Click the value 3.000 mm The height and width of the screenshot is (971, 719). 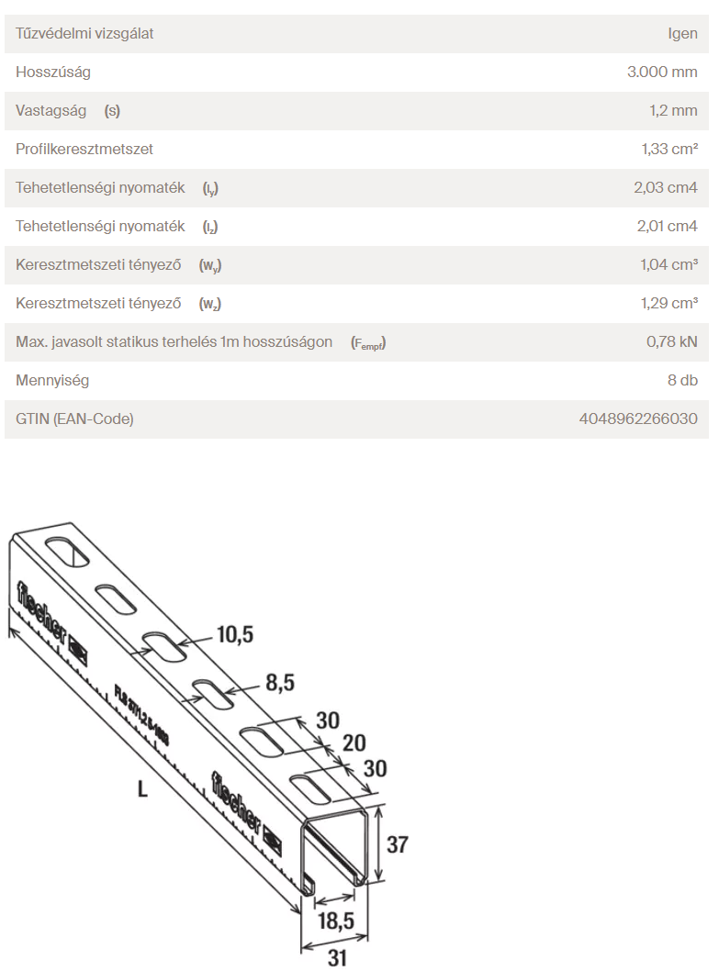click(662, 72)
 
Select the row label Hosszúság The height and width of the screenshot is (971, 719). click(53, 72)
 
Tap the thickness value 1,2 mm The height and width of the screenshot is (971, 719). click(673, 110)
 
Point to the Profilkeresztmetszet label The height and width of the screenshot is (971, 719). click(84, 149)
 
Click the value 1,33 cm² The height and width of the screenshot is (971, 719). click(669, 149)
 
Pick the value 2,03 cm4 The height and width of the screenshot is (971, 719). click(666, 187)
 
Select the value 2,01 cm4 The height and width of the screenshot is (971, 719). click(666, 226)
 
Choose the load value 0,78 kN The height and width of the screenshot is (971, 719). click(672, 341)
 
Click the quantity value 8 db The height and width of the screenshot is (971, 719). click(681, 380)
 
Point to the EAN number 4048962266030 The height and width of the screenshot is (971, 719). click(638, 419)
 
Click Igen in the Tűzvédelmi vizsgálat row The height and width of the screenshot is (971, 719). click(682, 33)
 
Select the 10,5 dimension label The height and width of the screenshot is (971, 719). click(234, 634)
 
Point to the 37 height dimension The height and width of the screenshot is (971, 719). click(397, 844)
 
